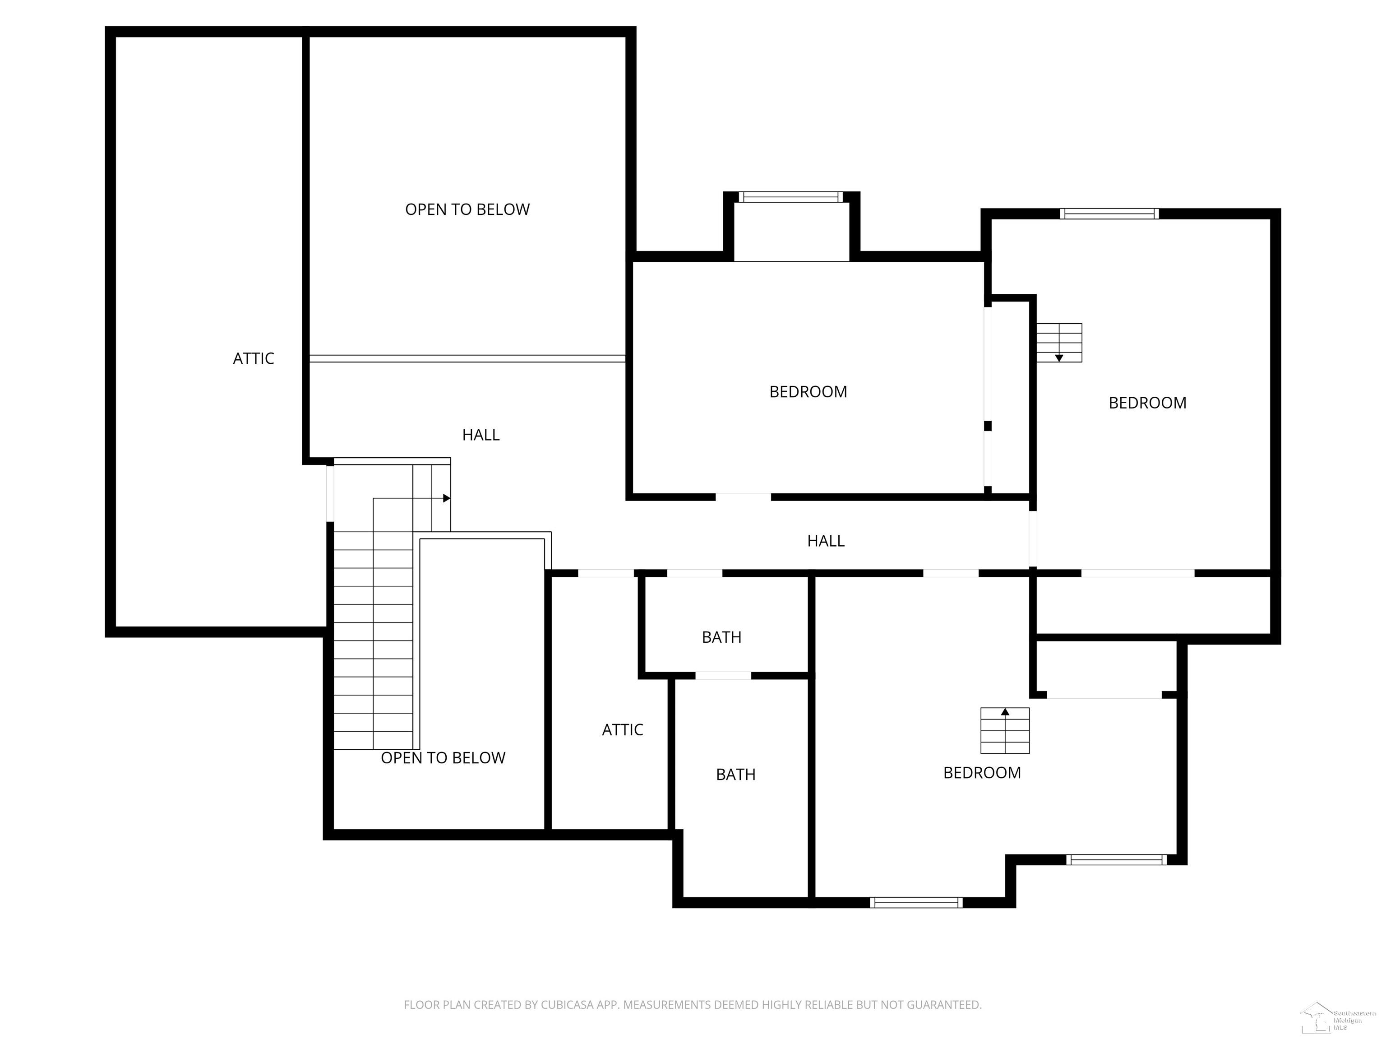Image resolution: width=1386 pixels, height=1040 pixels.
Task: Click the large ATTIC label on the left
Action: (x=253, y=358)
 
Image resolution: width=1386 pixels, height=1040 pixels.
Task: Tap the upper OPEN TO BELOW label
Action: (x=467, y=209)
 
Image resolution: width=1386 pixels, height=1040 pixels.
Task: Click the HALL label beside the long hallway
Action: (x=825, y=541)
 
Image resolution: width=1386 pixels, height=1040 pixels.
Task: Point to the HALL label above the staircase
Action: (x=480, y=435)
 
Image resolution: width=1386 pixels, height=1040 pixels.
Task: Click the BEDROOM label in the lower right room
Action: (x=981, y=773)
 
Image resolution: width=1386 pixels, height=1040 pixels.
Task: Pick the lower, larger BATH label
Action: (x=735, y=775)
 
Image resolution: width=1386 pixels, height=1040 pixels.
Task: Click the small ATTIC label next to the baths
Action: (x=622, y=730)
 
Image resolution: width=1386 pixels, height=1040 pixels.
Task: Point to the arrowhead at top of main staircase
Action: (x=446, y=498)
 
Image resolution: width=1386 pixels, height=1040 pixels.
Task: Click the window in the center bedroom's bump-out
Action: (x=791, y=197)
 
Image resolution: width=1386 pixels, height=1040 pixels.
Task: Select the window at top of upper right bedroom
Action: (x=1109, y=214)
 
